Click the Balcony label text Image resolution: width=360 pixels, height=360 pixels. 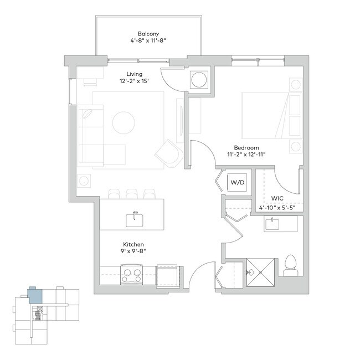pos(148,34)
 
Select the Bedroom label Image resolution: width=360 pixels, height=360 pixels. pos(246,147)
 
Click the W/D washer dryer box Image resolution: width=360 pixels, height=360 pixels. pos(238,182)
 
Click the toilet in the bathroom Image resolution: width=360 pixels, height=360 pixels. pos(290,266)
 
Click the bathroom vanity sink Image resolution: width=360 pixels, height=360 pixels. pos(272,224)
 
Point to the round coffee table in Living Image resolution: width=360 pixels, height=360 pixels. pos(124,122)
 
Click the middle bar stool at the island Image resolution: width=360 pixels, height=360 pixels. pos(131,194)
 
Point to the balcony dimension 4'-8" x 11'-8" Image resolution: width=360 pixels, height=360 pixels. pos(148,41)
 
